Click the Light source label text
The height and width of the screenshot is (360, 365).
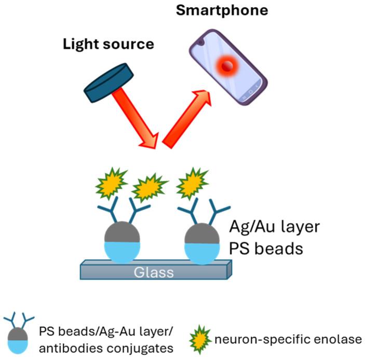click(x=109, y=44)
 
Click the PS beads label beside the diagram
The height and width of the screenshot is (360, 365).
click(x=265, y=248)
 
